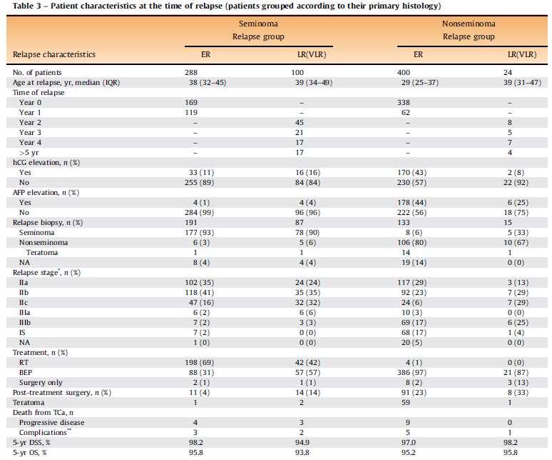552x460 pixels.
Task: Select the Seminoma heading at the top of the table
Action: (258, 24)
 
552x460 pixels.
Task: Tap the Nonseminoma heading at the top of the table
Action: (469, 24)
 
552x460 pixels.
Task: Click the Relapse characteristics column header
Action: (54, 54)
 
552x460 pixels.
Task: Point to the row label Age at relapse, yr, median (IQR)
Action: (66, 82)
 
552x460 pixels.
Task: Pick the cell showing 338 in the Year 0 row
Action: (404, 102)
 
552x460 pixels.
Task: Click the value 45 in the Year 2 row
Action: (300, 122)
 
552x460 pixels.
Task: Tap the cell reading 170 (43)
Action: (412, 172)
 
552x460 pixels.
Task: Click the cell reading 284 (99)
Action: (199, 213)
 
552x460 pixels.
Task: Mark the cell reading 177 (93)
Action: (199, 233)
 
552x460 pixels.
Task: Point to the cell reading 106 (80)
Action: (412, 243)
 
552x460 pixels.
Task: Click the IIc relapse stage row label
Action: (24, 302)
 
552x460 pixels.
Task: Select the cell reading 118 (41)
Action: (199, 293)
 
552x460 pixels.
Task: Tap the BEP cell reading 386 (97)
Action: (412, 373)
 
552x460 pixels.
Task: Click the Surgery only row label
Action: (41, 382)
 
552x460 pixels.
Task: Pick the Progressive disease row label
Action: (52, 422)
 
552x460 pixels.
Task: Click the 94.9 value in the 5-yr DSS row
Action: (302, 442)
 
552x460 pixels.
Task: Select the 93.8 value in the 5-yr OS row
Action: (302, 452)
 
